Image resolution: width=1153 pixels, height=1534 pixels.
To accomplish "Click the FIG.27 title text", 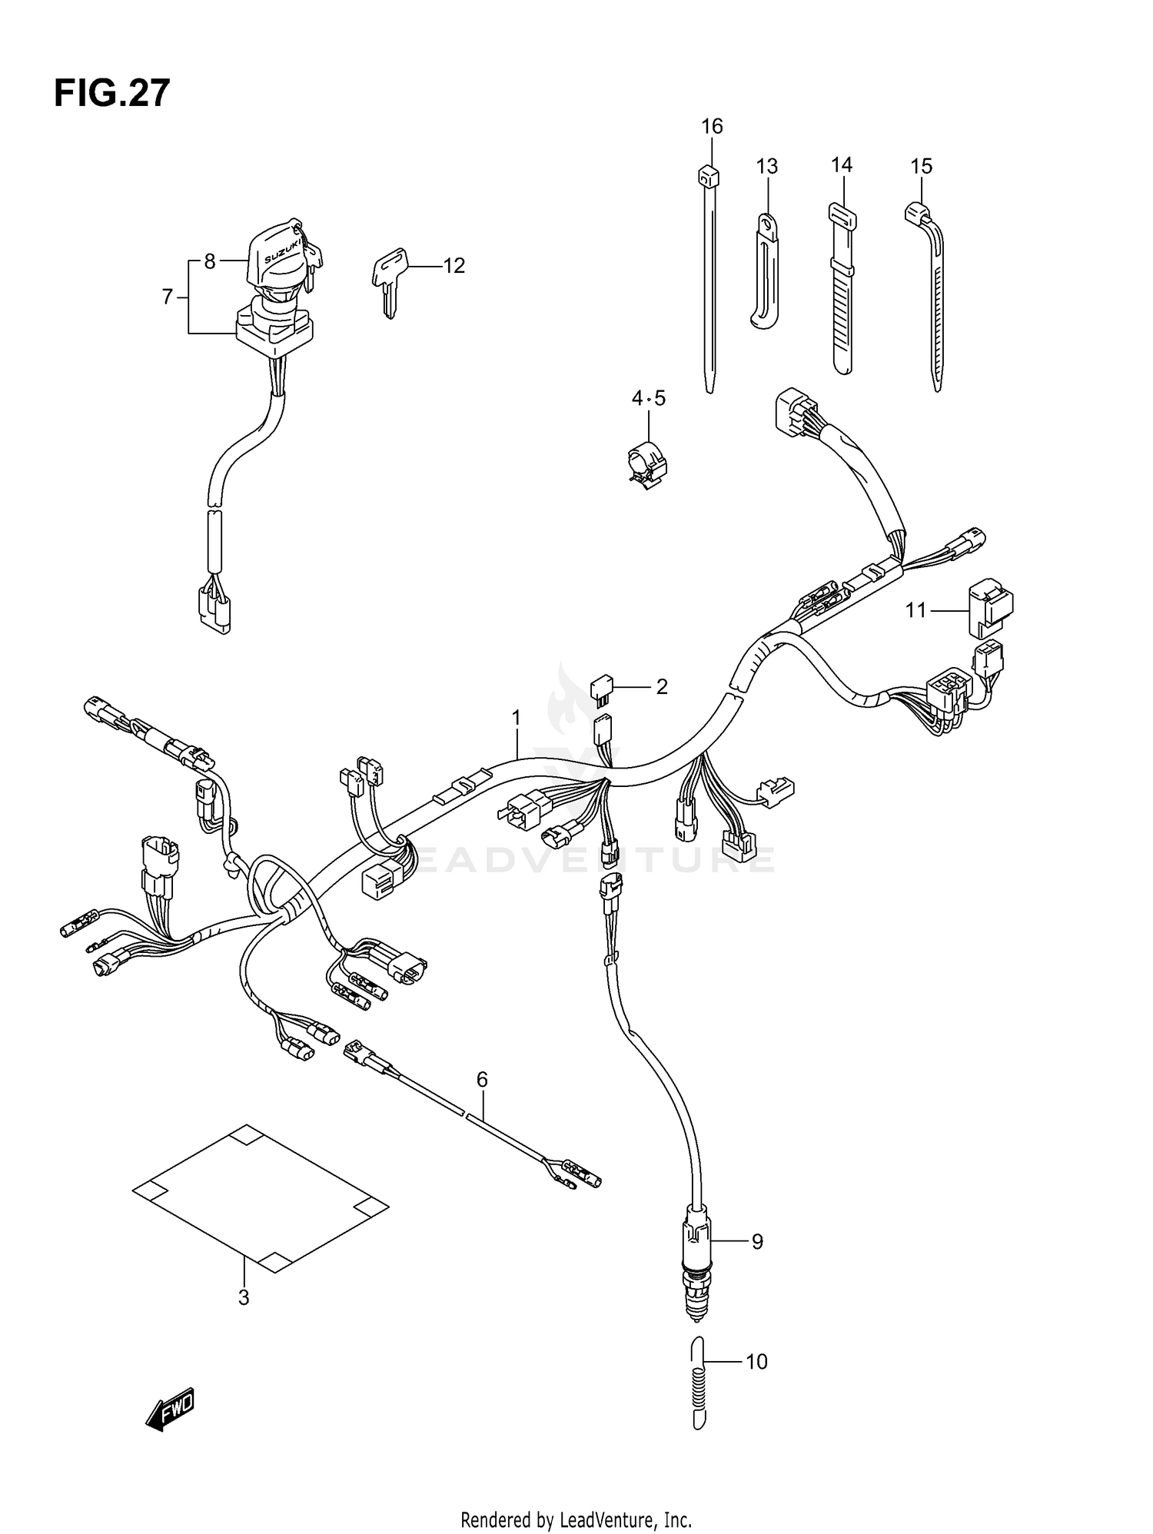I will pyautogui.click(x=111, y=94).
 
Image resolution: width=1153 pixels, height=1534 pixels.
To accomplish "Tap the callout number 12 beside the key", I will pyautogui.click(x=454, y=266).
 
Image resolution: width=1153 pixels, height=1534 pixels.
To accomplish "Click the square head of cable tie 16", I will pyautogui.click(x=708, y=178).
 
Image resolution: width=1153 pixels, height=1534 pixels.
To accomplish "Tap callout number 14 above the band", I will pyautogui.click(x=842, y=165).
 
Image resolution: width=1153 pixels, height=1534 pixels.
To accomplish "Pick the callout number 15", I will pyautogui.click(x=921, y=167).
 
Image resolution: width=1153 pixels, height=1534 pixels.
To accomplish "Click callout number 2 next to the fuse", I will pyautogui.click(x=662, y=686).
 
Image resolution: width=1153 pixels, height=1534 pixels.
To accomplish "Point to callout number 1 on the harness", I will pyautogui.click(x=517, y=718).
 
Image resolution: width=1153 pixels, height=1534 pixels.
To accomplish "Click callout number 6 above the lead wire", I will pyautogui.click(x=482, y=1080).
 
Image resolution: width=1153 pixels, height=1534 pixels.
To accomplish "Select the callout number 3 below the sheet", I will pyautogui.click(x=244, y=1298).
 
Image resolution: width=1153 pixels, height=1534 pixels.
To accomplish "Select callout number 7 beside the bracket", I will pyautogui.click(x=168, y=297).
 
